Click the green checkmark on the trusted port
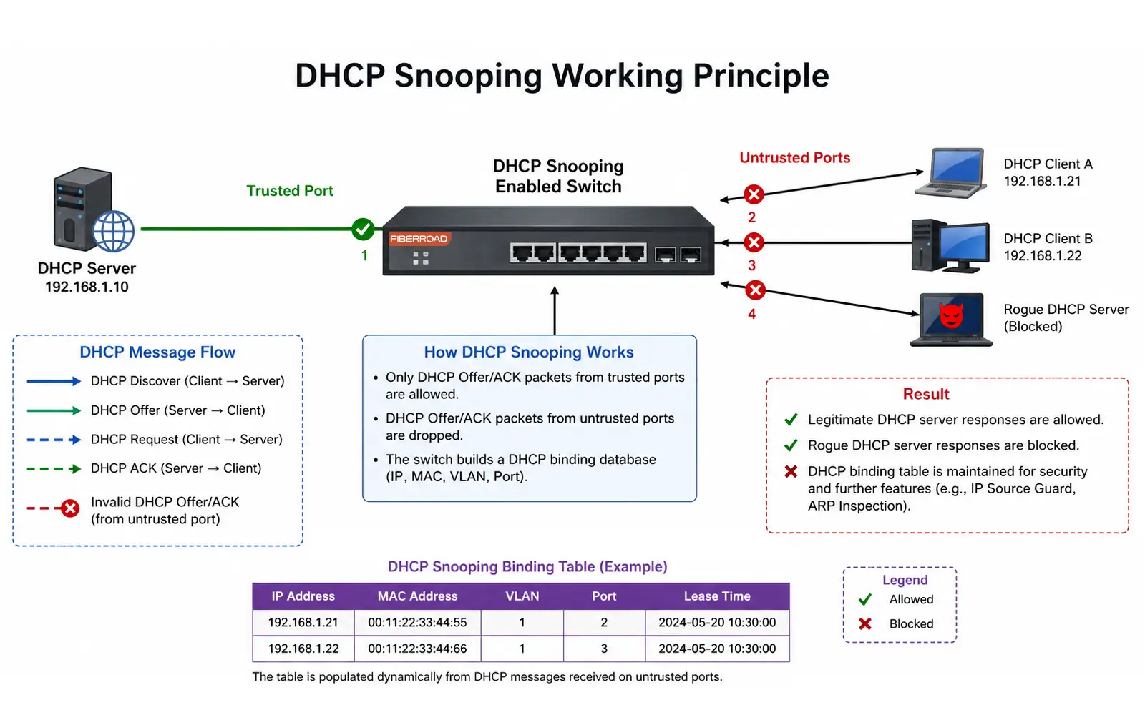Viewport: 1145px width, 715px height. (x=363, y=229)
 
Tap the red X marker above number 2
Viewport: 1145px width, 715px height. (x=753, y=194)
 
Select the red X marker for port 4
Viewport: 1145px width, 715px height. (x=755, y=290)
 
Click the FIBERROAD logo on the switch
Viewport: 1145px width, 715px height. (x=419, y=239)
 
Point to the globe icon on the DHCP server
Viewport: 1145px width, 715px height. (x=114, y=232)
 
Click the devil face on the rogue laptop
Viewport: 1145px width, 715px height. (x=951, y=315)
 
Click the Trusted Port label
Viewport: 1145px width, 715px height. (x=290, y=191)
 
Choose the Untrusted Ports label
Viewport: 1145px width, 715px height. (x=794, y=158)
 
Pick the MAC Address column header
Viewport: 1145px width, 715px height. (x=417, y=596)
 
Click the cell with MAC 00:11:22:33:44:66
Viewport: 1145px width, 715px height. (x=417, y=649)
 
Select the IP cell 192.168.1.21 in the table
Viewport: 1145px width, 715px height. (x=303, y=623)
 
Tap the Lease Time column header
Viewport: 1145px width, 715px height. (x=716, y=596)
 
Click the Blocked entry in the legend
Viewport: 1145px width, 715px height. (x=910, y=624)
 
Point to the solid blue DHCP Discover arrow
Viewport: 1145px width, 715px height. (x=54, y=381)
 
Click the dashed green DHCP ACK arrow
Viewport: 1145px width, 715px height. (x=54, y=469)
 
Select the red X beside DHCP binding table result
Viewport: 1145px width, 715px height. (x=791, y=472)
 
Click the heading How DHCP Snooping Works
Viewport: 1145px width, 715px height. (x=528, y=352)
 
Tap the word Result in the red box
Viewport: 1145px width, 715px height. (x=925, y=395)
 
